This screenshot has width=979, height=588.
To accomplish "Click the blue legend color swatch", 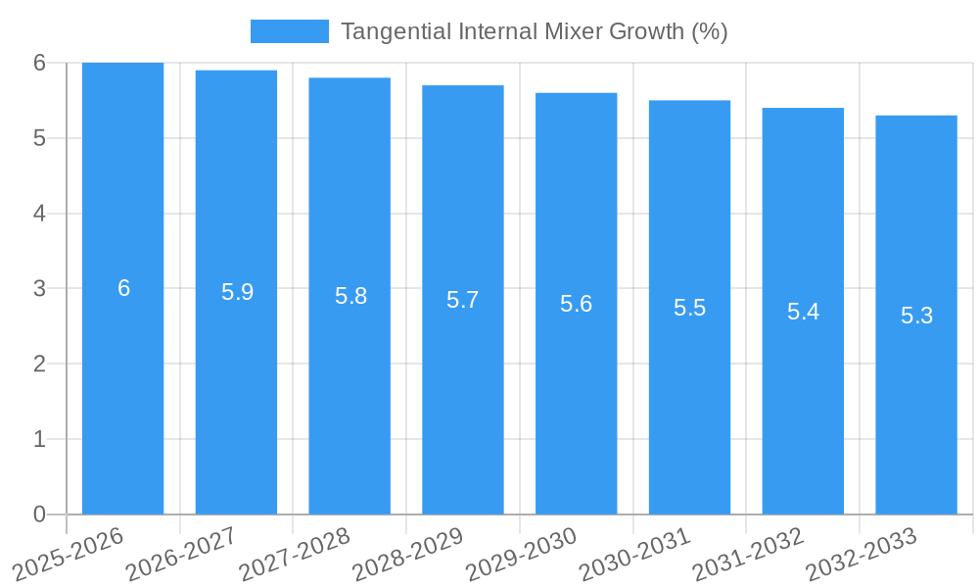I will point(289,31).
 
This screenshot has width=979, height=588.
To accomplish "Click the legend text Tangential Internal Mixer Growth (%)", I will point(534,31).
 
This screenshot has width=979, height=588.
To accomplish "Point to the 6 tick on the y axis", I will point(39,63).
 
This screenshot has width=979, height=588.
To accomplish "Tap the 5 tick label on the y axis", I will point(39,138).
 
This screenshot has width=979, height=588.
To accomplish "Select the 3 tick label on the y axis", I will point(39,289).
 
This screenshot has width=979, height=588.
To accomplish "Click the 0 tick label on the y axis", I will point(39,514).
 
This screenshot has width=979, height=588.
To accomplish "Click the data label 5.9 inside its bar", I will point(237,292).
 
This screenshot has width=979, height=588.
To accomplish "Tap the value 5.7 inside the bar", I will point(463,300).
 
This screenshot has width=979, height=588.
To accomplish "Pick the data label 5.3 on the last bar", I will point(916,316).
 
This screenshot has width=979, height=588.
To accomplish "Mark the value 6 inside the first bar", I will point(123,288).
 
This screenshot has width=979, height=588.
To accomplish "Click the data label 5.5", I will point(689,308).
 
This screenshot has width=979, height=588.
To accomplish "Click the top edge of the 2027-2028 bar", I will point(350,78).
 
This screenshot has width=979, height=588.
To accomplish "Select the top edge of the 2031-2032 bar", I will point(803,109).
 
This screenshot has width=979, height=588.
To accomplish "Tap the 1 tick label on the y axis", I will point(39,439).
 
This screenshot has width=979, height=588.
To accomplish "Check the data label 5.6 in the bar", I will point(576,304).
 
